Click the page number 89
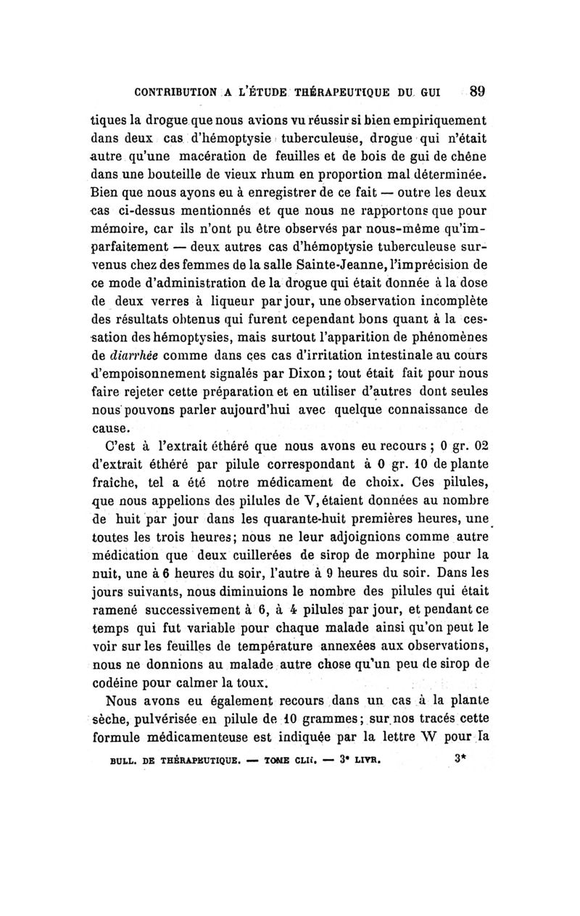476,92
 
